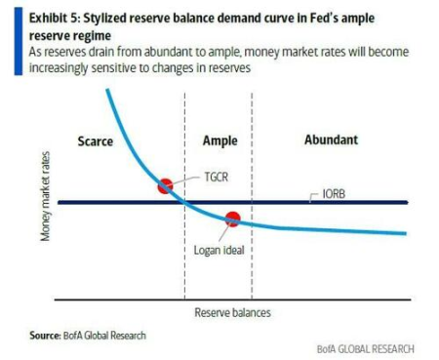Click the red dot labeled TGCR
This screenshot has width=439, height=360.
165,185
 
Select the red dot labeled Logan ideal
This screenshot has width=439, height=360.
232,220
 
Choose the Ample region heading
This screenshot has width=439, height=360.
219,140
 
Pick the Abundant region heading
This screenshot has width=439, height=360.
331,140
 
